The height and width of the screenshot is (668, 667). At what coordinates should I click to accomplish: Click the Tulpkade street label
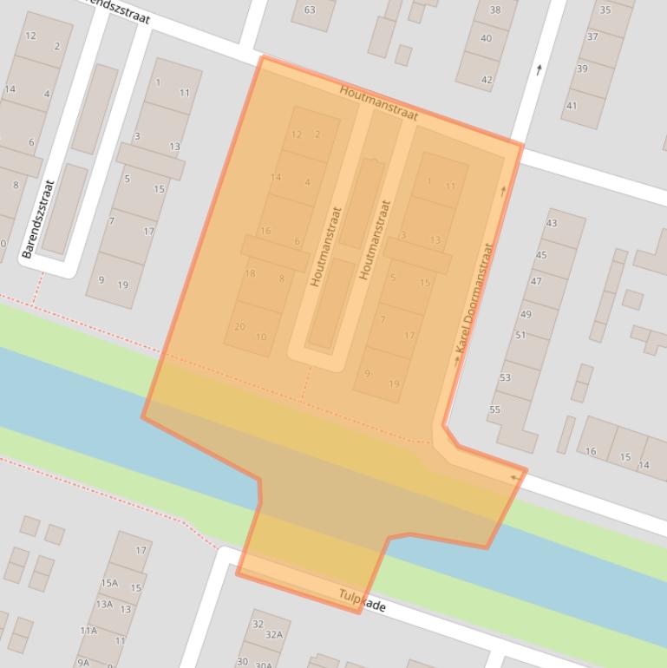tap(363, 599)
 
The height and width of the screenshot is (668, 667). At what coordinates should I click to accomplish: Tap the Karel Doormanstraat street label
tap(474, 298)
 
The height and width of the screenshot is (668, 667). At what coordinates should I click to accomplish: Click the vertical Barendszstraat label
tap(38, 219)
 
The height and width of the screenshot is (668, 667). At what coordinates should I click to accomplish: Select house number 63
tap(310, 10)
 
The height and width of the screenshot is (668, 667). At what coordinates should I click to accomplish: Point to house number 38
tap(495, 10)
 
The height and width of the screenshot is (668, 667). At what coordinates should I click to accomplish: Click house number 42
tap(487, 80)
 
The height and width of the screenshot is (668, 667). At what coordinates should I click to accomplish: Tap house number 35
tap(605, 10)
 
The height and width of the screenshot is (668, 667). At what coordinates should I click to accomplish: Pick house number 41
tap(571, 106)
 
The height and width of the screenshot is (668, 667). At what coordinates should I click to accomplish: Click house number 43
tap(552, 223)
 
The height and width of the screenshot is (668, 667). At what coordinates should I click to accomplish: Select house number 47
tap(536, 281)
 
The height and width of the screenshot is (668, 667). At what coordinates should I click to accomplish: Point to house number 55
tap(495, 409)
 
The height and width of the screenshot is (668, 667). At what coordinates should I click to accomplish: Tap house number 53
tap(506, 377)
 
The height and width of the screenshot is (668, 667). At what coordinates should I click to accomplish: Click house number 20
tap(240, 327)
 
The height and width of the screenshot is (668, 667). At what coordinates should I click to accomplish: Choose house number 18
tap(250, 273)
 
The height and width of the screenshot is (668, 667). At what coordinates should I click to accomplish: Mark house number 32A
tap(274, 634)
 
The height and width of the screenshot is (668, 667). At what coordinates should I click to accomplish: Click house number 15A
tap(109, 583)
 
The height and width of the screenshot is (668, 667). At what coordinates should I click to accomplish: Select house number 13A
tap(104, 604)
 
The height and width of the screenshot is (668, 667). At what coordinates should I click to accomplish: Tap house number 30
tap(242, 661)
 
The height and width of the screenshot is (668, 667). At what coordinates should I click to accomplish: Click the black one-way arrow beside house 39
tap(539, 69)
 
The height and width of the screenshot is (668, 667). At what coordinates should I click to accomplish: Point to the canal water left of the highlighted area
tap(69, 390)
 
